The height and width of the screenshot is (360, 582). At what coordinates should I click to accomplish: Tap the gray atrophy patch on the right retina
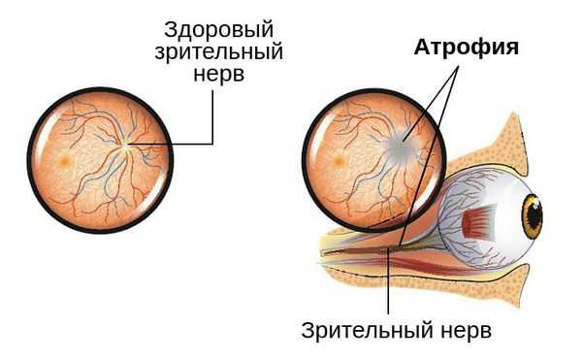pos(403,147)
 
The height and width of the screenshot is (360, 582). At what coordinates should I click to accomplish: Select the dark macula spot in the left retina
pos(63,158)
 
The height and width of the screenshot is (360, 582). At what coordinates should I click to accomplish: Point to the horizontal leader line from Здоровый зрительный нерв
pos(175,146)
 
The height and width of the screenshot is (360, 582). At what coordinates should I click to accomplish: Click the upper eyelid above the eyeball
pos(504,146)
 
